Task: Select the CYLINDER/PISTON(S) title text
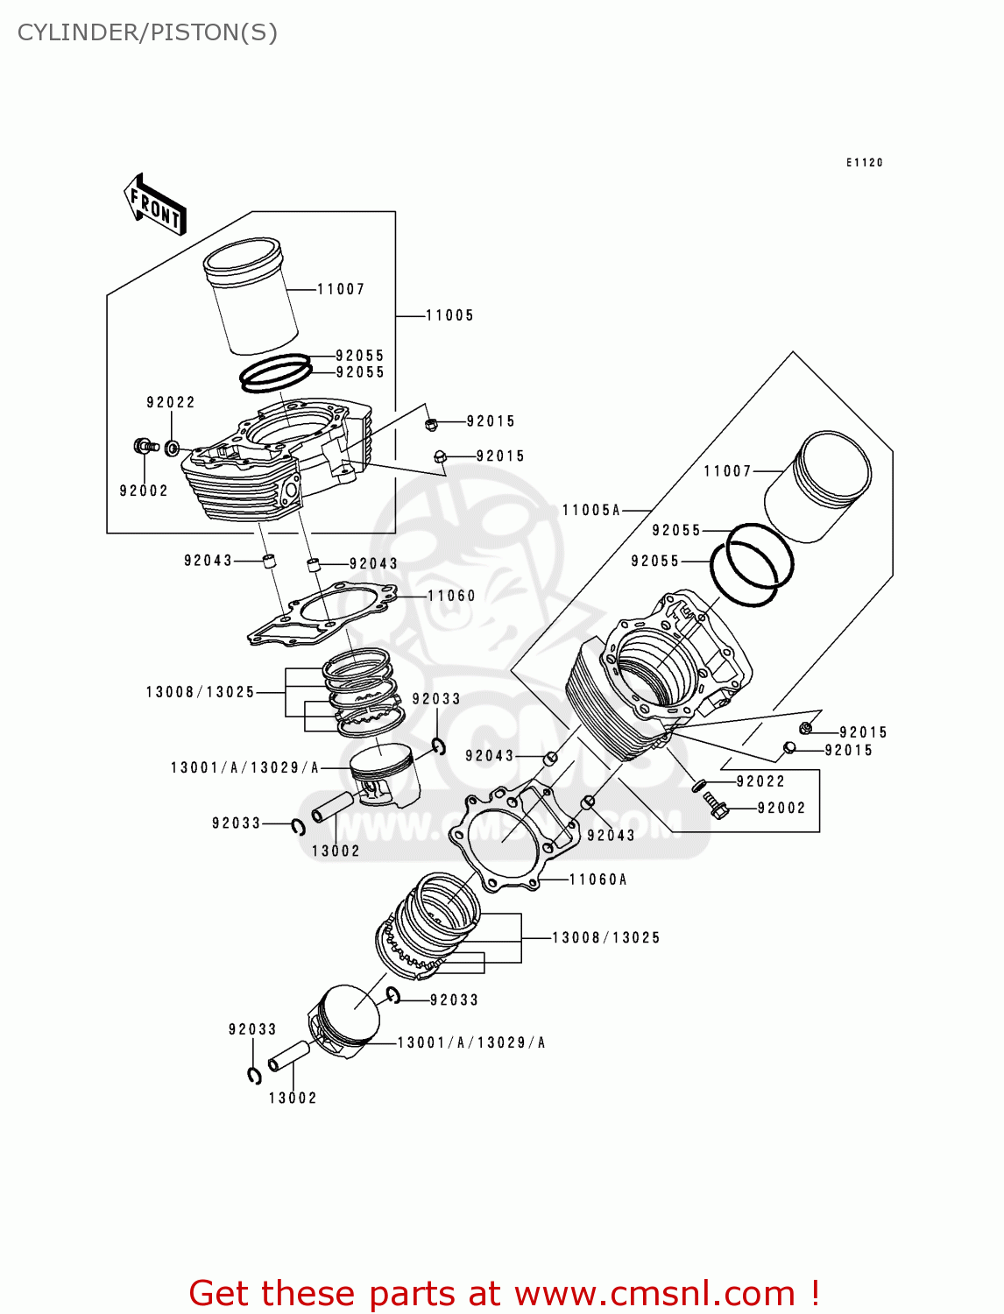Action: point(147,32)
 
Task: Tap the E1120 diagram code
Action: point(864,163)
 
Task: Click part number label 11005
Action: point(449,315)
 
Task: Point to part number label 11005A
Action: point(590,510)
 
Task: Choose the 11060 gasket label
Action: point(451,596)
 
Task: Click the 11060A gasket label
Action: point(597,880)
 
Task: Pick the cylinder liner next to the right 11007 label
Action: point(818,486)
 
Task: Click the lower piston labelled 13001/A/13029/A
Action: point(345,1022)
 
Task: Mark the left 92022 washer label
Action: point(171,403)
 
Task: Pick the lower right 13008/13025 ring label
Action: point(605,938)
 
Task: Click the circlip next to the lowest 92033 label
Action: point(254,1076)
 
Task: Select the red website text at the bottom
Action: point(504,1293)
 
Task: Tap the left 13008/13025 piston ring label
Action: point(200,692)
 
